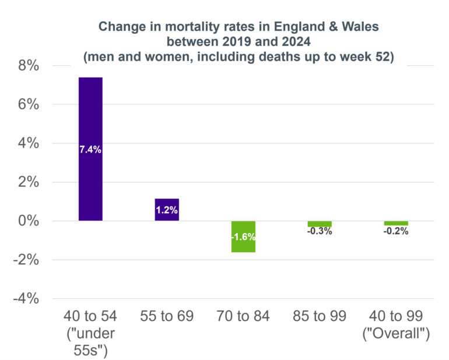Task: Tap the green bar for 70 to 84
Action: coord(243,245)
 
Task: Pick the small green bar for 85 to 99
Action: coord(320,224)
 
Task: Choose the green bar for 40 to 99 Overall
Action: coord(396,223)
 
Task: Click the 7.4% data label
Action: coord(90,150)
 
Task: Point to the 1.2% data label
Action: coord(167,210)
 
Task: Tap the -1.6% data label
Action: coord(243,237)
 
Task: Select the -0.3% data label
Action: coord(320,231)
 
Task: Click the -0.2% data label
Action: coord(396,231)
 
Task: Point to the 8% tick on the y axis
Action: coord(28,66)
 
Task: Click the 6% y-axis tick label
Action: coord(28,105)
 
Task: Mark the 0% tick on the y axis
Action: coord(28,221)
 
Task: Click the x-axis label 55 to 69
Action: coord(167,316)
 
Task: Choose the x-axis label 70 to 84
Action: coord(243,316)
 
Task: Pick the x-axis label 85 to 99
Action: coord(320,316)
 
